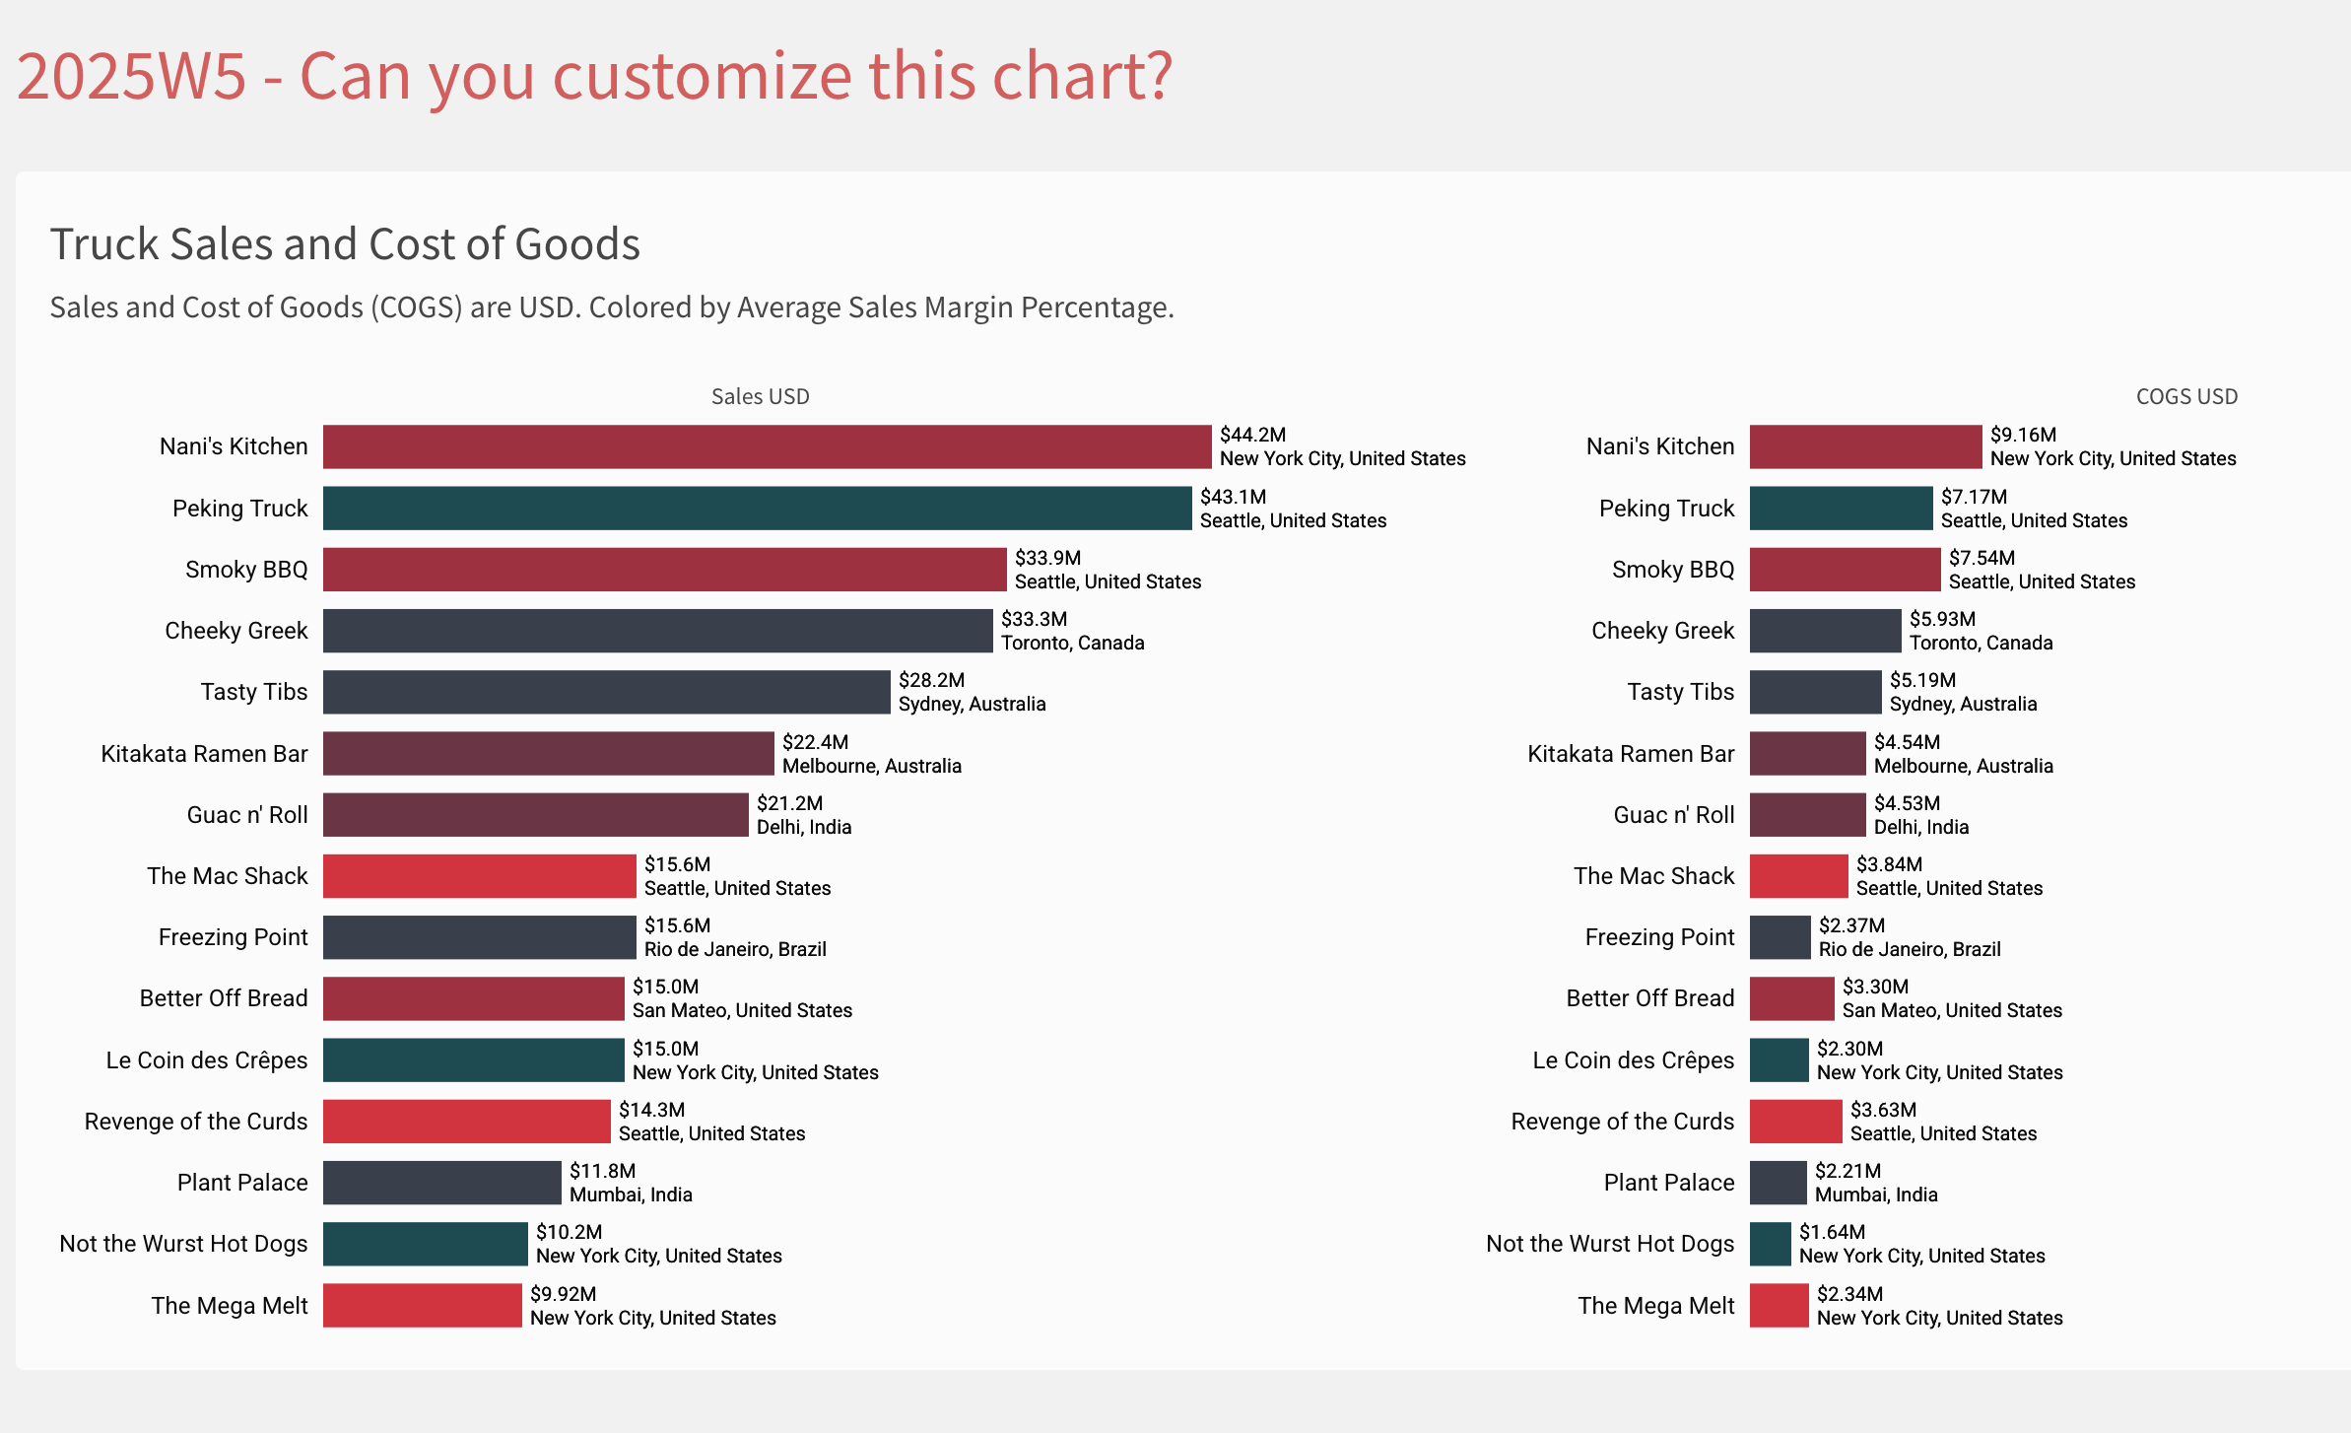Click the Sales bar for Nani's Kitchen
click(x=767, y=446)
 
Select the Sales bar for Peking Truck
click(x=757, y=509)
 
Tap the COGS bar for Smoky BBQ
click(x=1845, y=570)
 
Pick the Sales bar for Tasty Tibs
click(x=606, y=692)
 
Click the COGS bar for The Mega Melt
click(x=1779, y=1306)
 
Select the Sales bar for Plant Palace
click(x=441, y=1183)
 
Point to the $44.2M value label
click(x=1252, y=435)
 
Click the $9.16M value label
click(x=2023, y=435)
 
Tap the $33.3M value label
click(x=1034, y=619)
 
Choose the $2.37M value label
click(x=1851, y=925)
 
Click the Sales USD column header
click(x=760, y=396)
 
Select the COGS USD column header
click(x=2186, y=396)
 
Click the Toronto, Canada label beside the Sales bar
click(x=1072, y=643)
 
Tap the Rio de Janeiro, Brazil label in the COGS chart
click(x=1909, y=949)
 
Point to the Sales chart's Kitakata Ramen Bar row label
click(x=204, y=754)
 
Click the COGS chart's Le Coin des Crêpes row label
click(x=1633, y=1060)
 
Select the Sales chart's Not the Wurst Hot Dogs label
click(x=183, y=1244)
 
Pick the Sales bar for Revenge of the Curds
click(x=466, y=1122)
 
